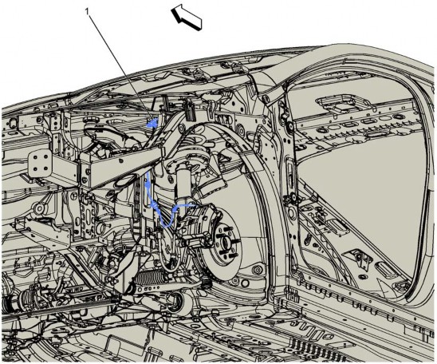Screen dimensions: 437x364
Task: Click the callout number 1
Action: [87, 11]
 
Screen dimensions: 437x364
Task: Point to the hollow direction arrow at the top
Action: [187, 17]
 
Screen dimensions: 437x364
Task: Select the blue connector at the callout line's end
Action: [152, 122]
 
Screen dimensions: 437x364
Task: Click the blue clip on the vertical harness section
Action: [148, 184]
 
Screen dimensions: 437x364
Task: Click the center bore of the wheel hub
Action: [222, 240]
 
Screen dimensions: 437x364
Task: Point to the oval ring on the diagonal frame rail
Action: [122, 182]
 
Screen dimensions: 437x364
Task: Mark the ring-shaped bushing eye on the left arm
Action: [39, 208]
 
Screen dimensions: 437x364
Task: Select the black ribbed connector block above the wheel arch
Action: [189, 111]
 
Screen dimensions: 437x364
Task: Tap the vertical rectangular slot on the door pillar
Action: [289, 172]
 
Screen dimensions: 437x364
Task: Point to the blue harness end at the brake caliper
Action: [192, 206]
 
